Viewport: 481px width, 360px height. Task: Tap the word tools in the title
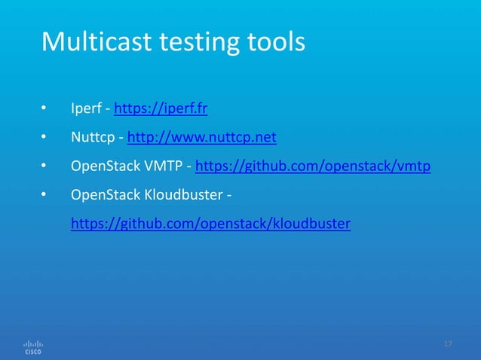coord(278,42)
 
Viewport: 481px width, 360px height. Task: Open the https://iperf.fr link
coord(161,110)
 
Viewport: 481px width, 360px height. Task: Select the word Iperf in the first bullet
coord(87,110)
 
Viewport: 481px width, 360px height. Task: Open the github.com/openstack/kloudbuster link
coord(210,224)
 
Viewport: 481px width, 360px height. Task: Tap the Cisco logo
coord(34,346)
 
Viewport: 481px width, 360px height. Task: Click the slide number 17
coord(448,344)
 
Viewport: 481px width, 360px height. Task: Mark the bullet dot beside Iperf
coord(44,111)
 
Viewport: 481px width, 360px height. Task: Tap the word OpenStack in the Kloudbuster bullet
coord(100,195)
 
